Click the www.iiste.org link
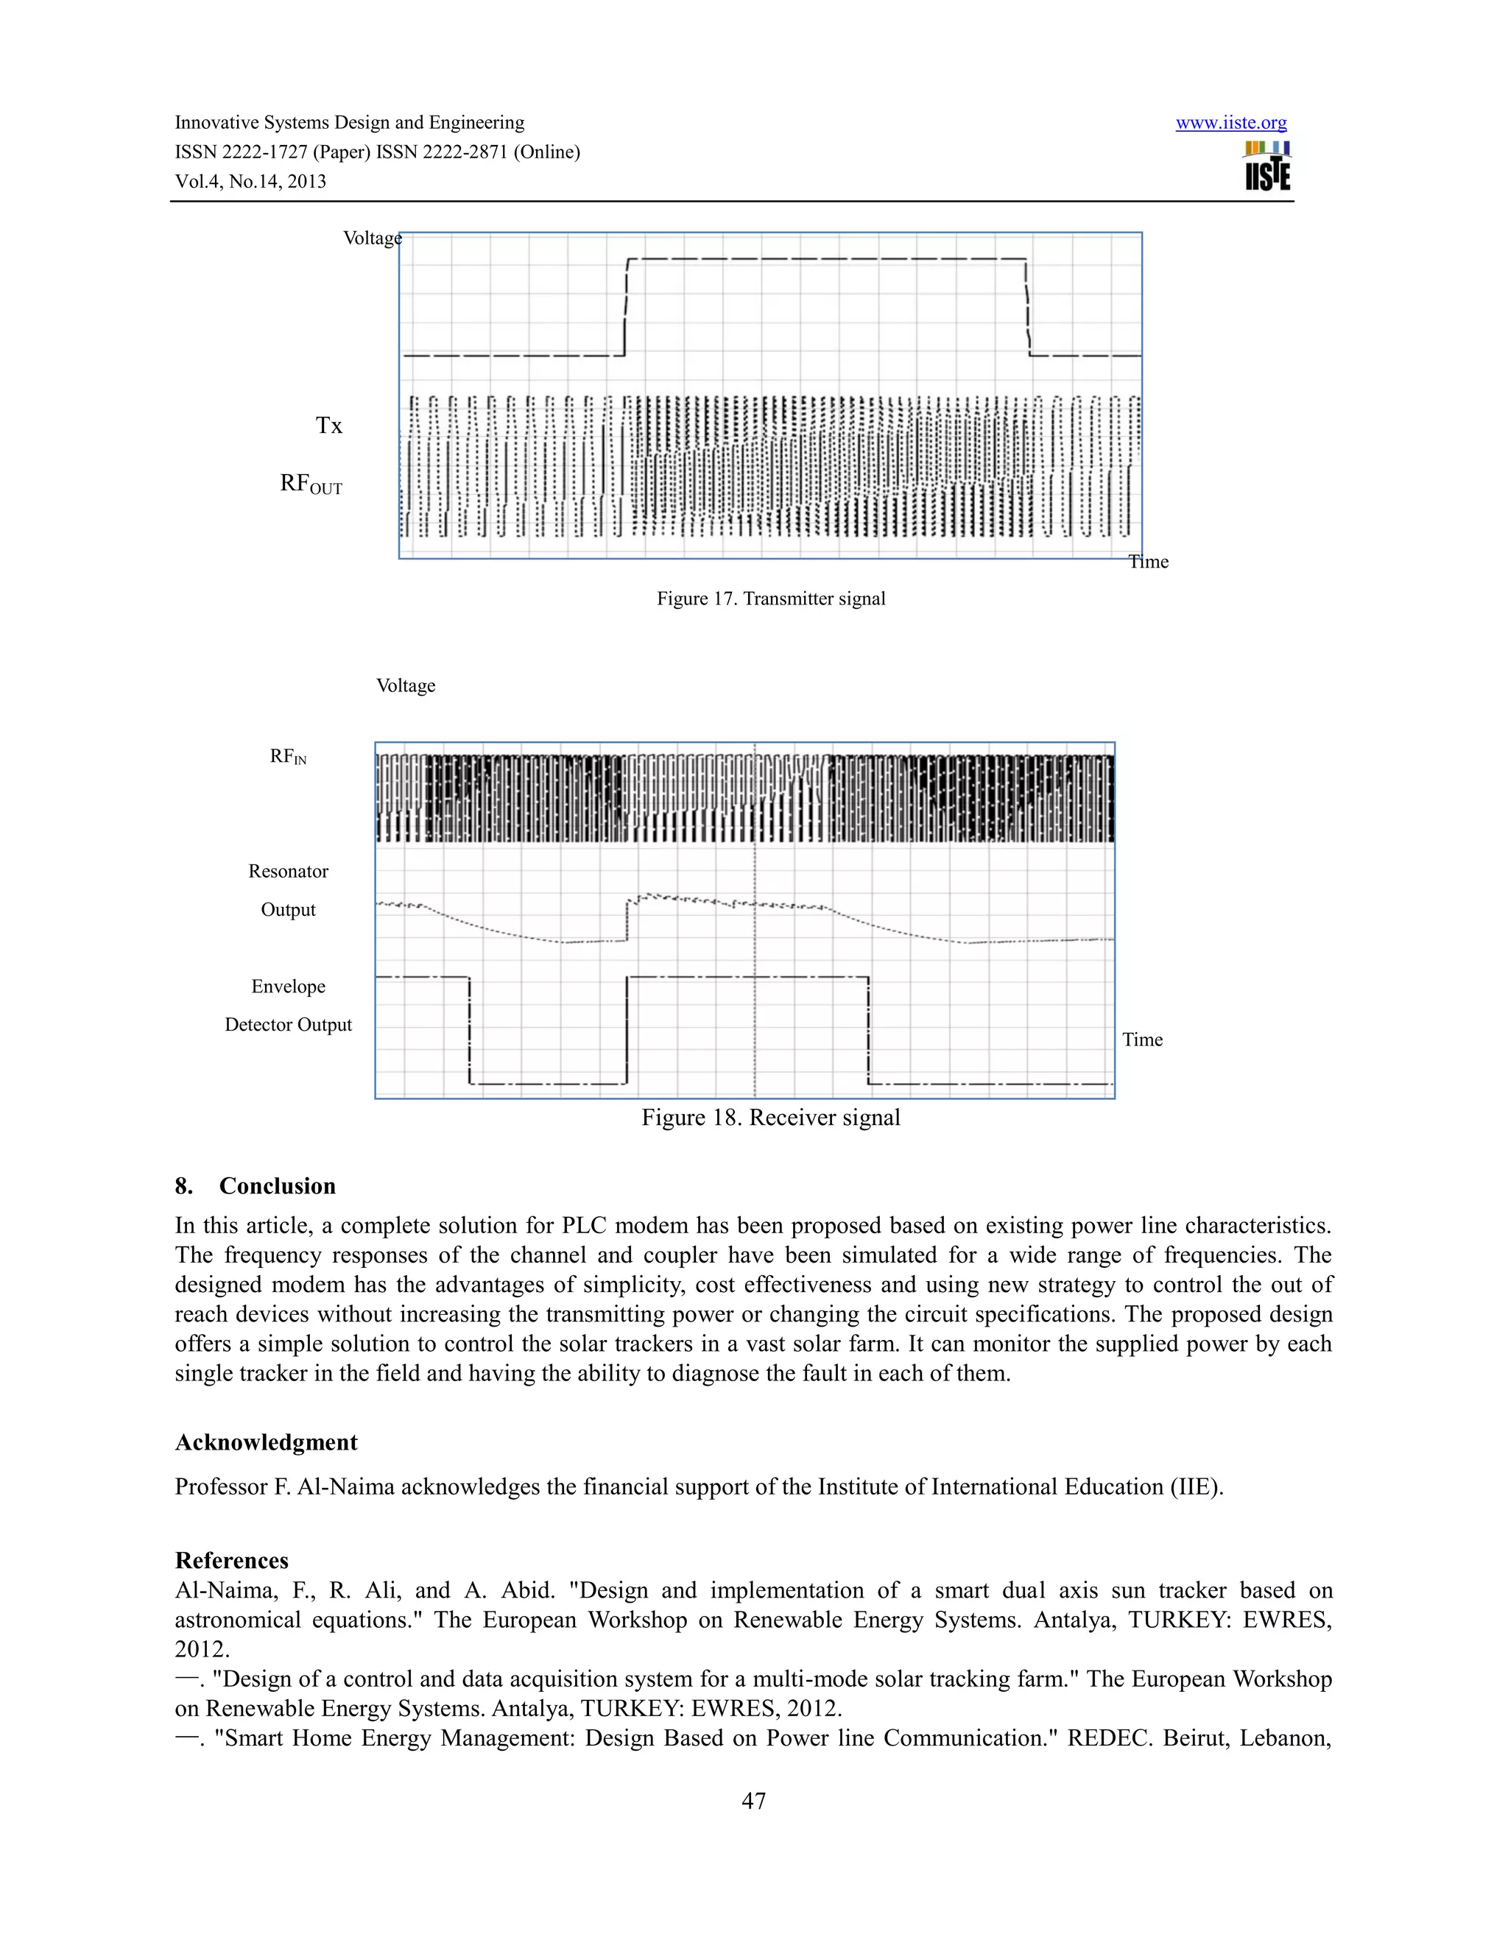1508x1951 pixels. (x=1230, y=123)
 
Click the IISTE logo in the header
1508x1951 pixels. (x=1268, y=166)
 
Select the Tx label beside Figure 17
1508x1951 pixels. (x=328, y=426)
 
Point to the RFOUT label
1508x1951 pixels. (x=311, y=484)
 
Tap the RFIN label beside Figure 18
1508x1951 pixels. (x=288, y=757)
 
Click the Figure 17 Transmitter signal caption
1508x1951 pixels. (x=771, y=599)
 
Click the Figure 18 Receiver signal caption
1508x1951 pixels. (x=770, y=1118)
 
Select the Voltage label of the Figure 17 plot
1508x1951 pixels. (x=372, y=238)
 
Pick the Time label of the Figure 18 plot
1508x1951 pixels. (x=1142, y=1040)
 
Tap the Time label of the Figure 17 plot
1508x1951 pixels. (x=1149, y=562)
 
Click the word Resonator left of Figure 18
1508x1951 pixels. (x=288, y=871)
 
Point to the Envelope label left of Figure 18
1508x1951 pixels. (x=288, y=987)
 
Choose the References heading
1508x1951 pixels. (x=231, y=1561)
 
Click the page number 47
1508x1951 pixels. (x=753, y=1801)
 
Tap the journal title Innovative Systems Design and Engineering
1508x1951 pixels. (x=349, y=122)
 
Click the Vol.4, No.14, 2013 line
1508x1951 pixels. (x=250, y=181)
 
